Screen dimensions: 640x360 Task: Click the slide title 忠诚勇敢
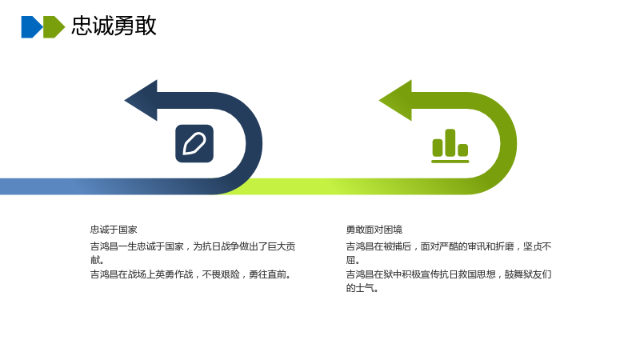tap(114, 26)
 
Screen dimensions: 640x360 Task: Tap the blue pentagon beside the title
tap(32, 27)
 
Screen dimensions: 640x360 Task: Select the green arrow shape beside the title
tap(54, 27)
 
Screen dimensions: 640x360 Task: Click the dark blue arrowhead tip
tap(125, 101)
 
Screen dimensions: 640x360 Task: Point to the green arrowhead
tap(394, 101)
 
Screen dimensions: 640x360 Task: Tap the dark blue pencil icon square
tap(194, 144)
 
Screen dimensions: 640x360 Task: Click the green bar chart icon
tap(450, 146)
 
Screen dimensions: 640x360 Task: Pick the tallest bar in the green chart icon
tap(450, 143)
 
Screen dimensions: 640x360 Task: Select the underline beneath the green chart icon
tap(450, 162)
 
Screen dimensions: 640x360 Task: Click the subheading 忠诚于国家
tap(114, 230)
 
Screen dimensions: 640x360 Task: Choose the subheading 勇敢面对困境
tap(374, 230)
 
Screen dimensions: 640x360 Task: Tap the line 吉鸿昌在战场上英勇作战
tap(191, 274)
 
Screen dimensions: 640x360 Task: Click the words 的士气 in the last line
tap(361, 288)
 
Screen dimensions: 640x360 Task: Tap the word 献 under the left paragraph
tap(95, 260)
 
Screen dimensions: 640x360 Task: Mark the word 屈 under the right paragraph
tap(351, 260)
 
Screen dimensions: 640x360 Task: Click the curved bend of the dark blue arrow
tap(254, 144)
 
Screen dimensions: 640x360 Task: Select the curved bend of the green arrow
tap(509, 144)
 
